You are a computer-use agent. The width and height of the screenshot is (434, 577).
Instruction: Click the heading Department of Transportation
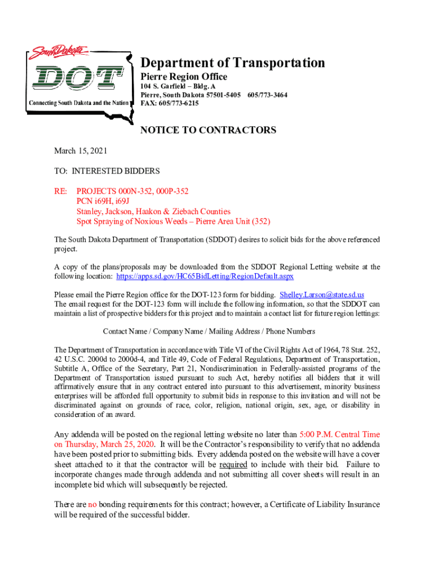coord(232,63)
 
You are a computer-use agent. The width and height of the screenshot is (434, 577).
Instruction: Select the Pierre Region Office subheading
coord(184,77)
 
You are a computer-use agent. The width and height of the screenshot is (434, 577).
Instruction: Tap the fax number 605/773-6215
coord(169,104)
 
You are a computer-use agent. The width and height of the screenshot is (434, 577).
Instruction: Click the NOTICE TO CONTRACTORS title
coord(208,131)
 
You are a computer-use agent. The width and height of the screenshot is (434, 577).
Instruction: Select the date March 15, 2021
coord(80,151)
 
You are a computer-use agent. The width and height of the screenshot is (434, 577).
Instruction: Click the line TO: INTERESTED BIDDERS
coord(107,171)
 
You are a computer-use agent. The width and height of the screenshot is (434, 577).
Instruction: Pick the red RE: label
coord(60,191)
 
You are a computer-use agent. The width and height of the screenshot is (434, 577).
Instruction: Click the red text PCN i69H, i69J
coord(103,201)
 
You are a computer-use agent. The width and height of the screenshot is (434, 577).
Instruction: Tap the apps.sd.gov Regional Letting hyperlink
coord(205,277)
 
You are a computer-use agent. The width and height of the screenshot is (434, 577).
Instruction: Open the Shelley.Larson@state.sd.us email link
coord(322,295)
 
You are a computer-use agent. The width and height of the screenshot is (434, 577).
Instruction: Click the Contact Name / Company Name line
coord(209,331)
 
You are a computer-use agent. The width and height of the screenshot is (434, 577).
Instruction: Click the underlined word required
coord(233,464)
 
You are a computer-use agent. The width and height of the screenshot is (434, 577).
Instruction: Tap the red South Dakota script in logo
coord(59,52)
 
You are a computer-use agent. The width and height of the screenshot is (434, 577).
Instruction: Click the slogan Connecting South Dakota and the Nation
coord(79,103)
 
